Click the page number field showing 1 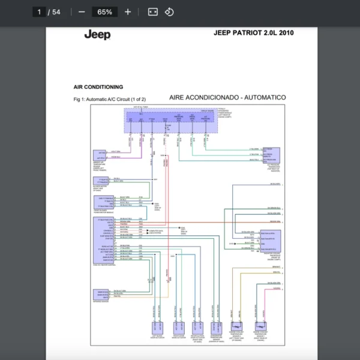click(40, 12)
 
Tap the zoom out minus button click(82, 12)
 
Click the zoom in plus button click(128, 12)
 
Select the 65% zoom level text click(105, 12)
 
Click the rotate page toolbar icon click(169, 12)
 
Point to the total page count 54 click(56, 12)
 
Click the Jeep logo click(97, 35)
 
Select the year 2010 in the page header click(283, 33)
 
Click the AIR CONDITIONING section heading click(98, 87)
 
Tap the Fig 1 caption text click(110, 98)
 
